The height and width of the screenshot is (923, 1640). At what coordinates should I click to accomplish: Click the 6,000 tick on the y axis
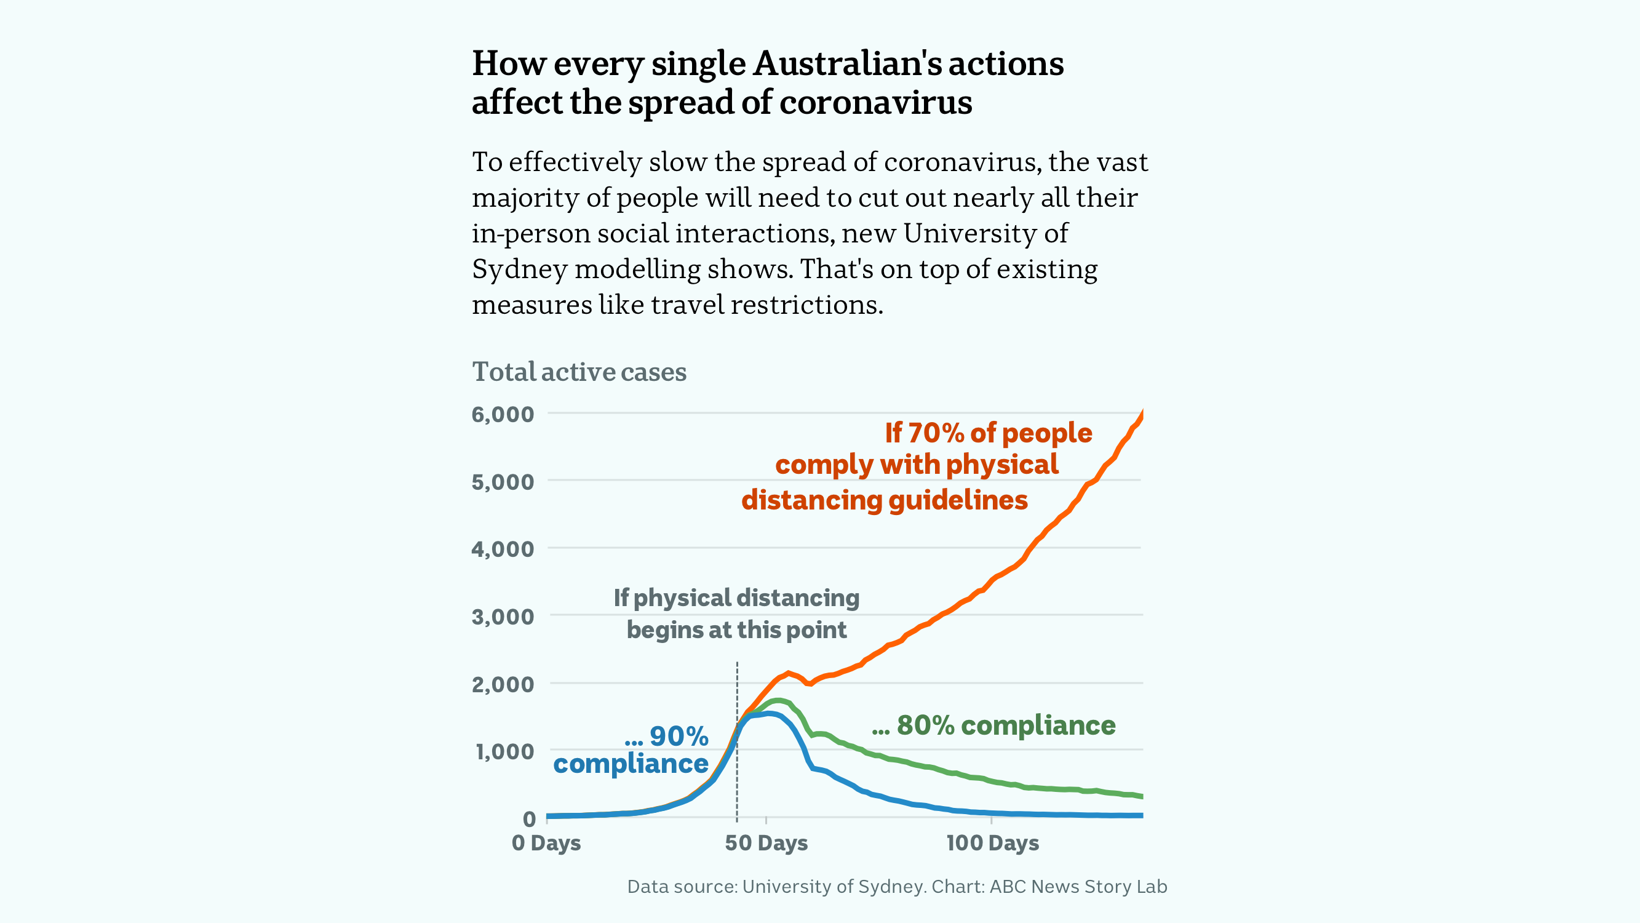(x=503, y=415)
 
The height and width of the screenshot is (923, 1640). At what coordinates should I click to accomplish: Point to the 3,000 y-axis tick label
(x=503, y=617)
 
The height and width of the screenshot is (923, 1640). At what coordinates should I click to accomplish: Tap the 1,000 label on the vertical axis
(x=505, y=752)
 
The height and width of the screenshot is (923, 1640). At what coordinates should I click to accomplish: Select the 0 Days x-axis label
(x=546, y=843)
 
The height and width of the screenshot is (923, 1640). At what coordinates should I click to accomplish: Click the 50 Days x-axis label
(x=766, y=843)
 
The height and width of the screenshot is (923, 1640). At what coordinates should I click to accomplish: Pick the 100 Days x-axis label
(x=992, y=843)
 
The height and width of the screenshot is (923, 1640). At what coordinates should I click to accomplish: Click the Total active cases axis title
(x=579, y=372)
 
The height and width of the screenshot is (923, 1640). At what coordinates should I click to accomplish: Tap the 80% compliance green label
(x=993, y=725)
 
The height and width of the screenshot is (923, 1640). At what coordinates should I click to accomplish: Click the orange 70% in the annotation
(x=935, y=433)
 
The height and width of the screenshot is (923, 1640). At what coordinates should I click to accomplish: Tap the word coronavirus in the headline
(x=875, y=103)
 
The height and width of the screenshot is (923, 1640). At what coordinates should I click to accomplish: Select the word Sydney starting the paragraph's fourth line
(x=519, y=270)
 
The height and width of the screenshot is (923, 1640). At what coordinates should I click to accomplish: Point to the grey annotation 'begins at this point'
(x=736, y=630)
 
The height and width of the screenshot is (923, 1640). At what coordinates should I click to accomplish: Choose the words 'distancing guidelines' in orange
(x=885, y=500)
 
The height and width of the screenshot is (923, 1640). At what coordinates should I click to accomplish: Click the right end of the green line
(x=1142, y=796)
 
